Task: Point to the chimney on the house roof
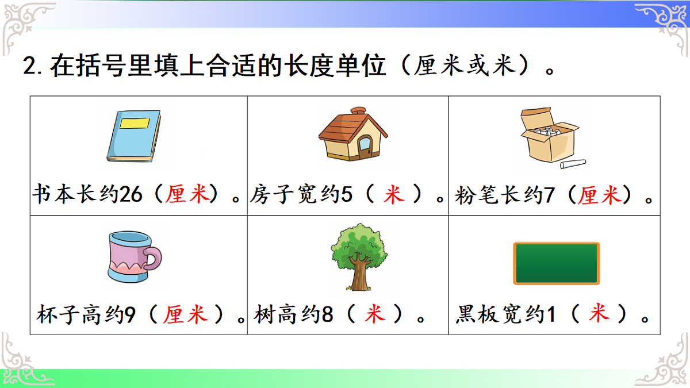click(x=358, y=111)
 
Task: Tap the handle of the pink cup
click(x=152, y=259)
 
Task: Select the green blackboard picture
click(x=556, y=263)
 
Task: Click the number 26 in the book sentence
click(x=131, y=195)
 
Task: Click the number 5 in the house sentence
click(x=346, y=195)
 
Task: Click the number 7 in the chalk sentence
click(x=549, y=195)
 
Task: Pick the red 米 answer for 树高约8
click(x=374, y=315)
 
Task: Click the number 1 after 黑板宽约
click(x=551, y=315)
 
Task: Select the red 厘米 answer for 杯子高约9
click(x=185, y=315)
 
